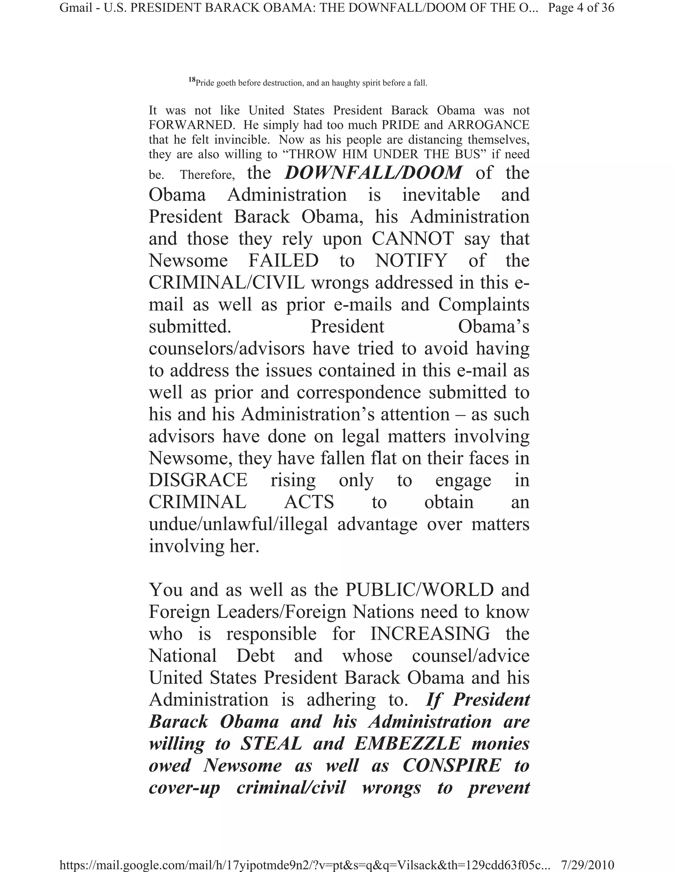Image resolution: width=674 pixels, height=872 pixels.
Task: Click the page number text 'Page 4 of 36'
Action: (x=581, y=8)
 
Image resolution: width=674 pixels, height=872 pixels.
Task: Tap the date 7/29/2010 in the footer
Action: (x=587, y=865)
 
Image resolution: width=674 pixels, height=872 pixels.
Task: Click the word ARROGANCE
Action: (x=488, y=125)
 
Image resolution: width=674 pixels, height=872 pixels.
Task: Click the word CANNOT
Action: (x=413, y=239)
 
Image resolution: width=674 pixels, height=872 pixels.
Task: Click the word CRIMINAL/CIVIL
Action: (x=226, y=283)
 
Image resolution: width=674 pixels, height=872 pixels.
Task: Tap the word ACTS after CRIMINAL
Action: (x=309, y=502)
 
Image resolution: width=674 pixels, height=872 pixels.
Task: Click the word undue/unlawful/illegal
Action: (x=238, y=524)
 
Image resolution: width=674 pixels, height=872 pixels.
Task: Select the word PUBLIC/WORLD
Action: (x=419, y=590)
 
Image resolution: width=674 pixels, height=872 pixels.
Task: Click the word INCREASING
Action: (x=430, y=634)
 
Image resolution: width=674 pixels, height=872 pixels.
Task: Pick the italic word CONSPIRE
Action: (x=452, y=765)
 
